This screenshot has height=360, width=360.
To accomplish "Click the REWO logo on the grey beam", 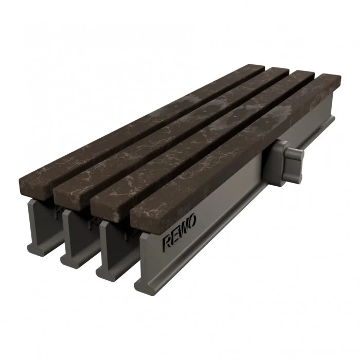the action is (179, 233).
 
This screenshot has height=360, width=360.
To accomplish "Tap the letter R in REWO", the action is (167, 243).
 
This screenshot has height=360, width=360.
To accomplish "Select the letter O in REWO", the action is (193, 222).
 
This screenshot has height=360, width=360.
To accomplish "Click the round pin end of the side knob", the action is (299, 156).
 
